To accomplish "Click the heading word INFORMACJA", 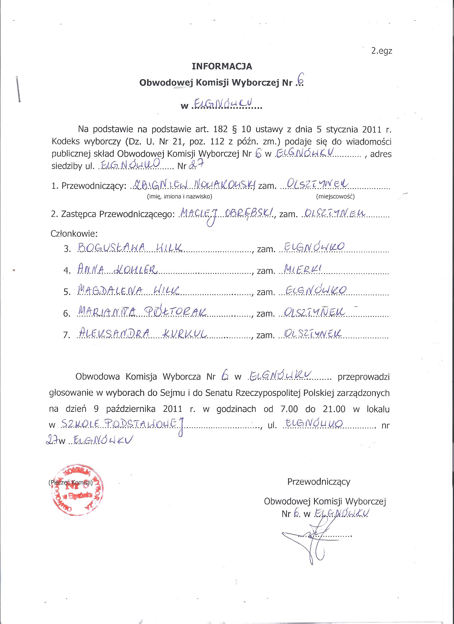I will (x=222, y=66).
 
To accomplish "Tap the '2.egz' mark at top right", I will (x=381, y=52).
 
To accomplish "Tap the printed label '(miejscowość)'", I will (x=335, y=197).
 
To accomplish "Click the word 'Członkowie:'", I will (x=74, y=234).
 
